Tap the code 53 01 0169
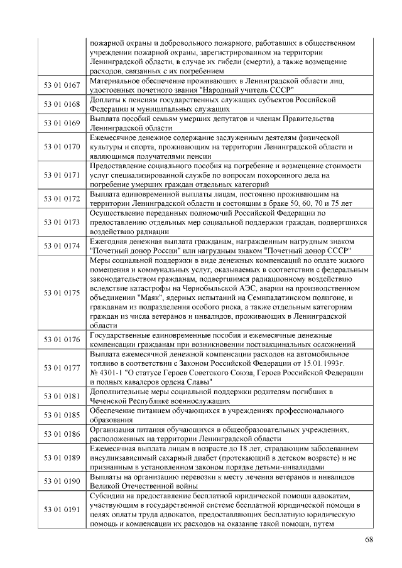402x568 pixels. click(x=62, y=123)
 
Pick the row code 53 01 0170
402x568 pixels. click(x=62, y=147)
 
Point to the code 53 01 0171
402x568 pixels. click(x=62, y=175)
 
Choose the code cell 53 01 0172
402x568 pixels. click(x=62, y=199)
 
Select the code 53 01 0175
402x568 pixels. click(x=62, y=292)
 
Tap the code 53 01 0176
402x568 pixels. click(x=62, y=340)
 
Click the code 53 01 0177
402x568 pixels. click(x=62, y=368)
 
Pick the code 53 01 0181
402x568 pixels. click(x=62, y=396)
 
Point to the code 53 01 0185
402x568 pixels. click(x=62, y=415)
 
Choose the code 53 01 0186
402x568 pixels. click(x=62, y=434)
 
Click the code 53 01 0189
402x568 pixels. click(x=62, y=458)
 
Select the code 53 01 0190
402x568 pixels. click(x=62, y=481)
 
